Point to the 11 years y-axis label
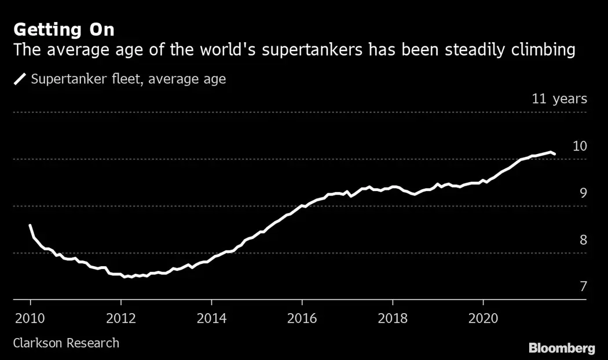(x=559, y=98)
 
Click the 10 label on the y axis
(x=580, y=146)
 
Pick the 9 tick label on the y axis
(x=583, y=193)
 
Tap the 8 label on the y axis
(x=583, y=240)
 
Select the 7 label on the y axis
(x=583, y=286)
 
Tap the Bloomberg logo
(x=562, y=348)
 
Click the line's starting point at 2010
(x=30, y=226)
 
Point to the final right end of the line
(x=555, y=154)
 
